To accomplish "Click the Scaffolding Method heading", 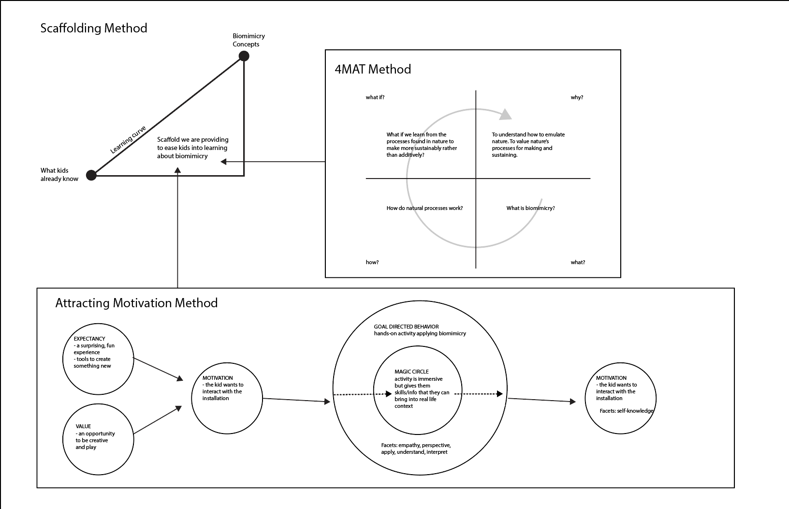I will click(x=94, y=28).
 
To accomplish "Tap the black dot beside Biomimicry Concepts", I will click(x=244, y=56).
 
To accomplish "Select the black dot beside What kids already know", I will click(x=91, y=175).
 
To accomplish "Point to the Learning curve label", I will click(x=128, y=140).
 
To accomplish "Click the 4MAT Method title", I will click(x=373, y=69).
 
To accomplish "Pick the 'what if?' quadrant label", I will click(x=375, y=97).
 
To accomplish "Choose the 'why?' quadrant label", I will click(x=577, y=97).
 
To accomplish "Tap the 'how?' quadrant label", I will click(x=372, y=262).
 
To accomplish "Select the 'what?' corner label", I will click(x=578, y=262).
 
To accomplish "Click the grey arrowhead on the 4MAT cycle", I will click(x=506, y=114).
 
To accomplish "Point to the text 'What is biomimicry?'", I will click(x=530, y=208).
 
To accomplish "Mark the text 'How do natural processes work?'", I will click(x=424, y=208).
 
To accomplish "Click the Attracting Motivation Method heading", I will click(x=136, y=303).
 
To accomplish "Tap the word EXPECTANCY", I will click(x=89, y=339).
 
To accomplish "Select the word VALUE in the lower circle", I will click(x=83, y=426).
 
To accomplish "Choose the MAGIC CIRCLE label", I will click(x=411, y=372).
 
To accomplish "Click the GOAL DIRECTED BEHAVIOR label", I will click(x=406, y=327).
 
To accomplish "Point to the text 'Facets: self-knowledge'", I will click(x=627, y=411).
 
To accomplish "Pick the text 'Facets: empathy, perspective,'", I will click(x=416, y=445).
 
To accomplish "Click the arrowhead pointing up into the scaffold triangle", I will click(x=178, y=170).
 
